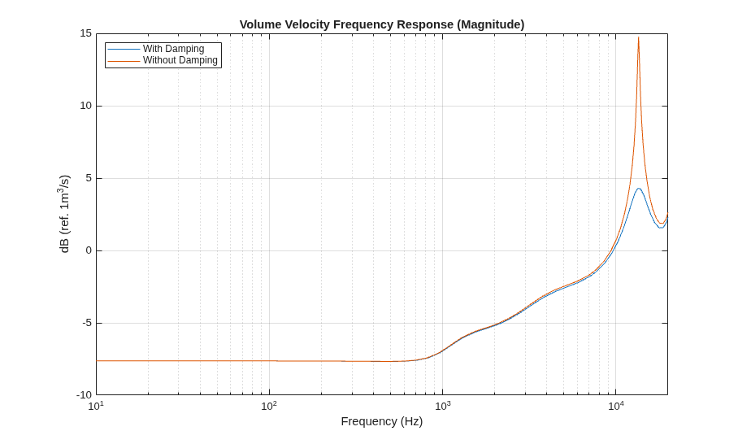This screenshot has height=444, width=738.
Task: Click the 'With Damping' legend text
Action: [x=174, y=49]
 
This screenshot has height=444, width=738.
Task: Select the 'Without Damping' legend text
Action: [x=180, y=60]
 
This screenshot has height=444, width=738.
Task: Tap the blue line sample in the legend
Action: [x=124, y=49]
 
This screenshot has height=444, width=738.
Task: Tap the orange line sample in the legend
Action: [x=124, y=61]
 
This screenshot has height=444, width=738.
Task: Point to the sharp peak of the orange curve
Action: [x=638, y=37]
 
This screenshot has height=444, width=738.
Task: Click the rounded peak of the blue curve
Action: [x=639, y=189]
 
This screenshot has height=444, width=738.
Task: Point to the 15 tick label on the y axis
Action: [x=85, y=33]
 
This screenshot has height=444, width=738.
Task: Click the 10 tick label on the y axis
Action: [x=85, y=106]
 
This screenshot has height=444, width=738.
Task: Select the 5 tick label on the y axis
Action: [x=89, y=178]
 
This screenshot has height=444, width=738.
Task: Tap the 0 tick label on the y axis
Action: [x=89, y=250]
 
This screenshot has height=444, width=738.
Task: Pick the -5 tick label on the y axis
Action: [x=87, y=323]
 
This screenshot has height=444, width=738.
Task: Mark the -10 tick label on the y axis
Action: [x=85, y=395]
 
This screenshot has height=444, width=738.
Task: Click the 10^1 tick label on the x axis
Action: [x=96, y=406]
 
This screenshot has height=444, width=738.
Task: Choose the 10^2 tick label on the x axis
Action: [x=269, y=406]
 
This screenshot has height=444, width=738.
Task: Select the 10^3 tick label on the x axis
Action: [x=442, y=406]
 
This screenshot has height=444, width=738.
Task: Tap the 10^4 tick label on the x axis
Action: [x=615, y=406]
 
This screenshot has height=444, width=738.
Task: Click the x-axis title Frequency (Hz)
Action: [x=382, y=421]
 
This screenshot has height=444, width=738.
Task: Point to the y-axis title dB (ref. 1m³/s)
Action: [x=64, y=214]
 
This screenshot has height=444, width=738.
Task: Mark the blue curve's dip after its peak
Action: [x=661, y=228]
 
